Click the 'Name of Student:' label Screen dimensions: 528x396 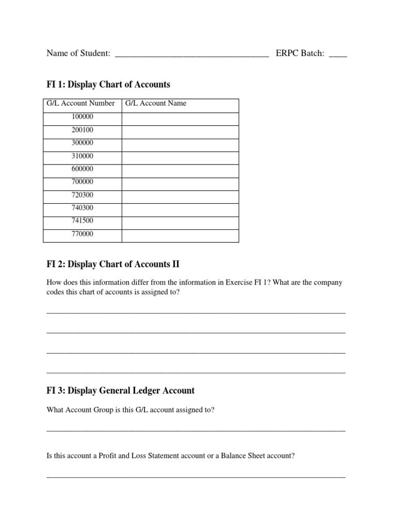[x=78, y=53]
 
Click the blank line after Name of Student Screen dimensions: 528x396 [x=191, y=55]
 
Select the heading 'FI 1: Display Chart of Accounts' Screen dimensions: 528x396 [x=108, y=84]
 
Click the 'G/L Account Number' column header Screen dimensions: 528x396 [x=81, y=103]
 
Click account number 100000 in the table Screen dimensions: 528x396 [x=82, y=117]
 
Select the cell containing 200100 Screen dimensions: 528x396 [x=82, y=130]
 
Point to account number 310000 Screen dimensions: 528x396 [x=82, y=156]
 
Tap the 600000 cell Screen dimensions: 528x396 [x=82, y=169]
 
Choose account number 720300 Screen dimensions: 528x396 [x=82, y=195]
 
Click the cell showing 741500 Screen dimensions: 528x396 [x=82, y=221]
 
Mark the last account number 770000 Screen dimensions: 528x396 [x=82, y=234]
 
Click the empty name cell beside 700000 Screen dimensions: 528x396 [x=180, y=182]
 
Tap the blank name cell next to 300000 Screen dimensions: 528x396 [x=180, y=143]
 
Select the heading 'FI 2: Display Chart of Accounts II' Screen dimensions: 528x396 [x=113, y=264]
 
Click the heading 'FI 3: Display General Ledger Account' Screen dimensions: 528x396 [x=121, y=390]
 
